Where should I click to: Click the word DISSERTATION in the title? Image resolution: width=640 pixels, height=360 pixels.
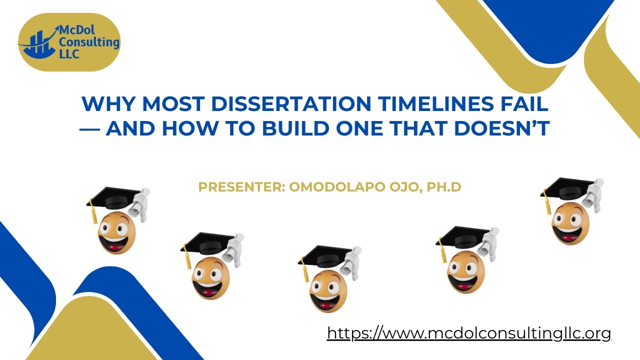click(x=291, y=104)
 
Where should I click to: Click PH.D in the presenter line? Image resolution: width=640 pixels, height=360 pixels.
click(x=444, y=187)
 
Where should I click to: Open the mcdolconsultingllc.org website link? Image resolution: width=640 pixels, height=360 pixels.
click(x=469, y=333)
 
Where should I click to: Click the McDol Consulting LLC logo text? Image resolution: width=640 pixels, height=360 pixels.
click(x=87, y=42)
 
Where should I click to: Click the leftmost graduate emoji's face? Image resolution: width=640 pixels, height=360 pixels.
click(x=116, y=231)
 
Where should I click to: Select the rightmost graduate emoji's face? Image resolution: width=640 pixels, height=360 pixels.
click(x=570, y=222)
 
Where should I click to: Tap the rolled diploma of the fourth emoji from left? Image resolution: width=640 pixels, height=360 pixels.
click(x=487, y=243)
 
